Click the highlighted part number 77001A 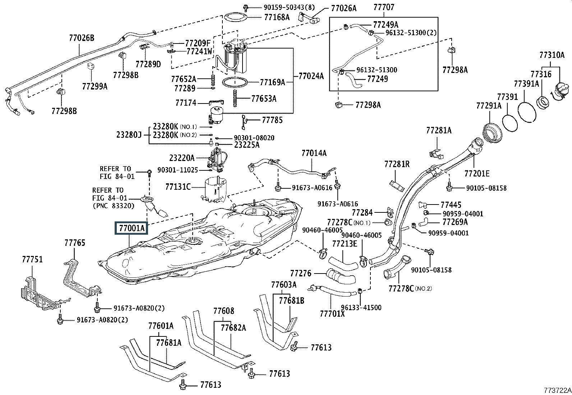pyautogui.click(x=131, y=228)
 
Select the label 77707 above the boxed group pyautogui.click(x=383, y=7)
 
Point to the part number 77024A pyautogui.click(x=311, y=76)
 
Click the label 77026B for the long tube pyautogui.click(x=82, y=37)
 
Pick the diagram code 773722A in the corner pyautogui.click(x=557, y=390)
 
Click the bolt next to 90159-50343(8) pyautogui.click(x=246, y=7)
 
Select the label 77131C pyautogui.click(x=178, y=187)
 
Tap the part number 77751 pyautogui.click(x=32, y=259)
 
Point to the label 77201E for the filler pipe pyautogui.click(x=477, y=174)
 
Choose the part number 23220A pyautogui.click(x=182, y=158)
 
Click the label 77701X pyautogui.click(x=332, y=314)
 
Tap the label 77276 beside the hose pyautogui.click(x=301, y=274)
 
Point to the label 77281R pyautogui.click(x=397, y=164)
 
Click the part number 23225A pyautogui.click(x=246, y=145)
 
